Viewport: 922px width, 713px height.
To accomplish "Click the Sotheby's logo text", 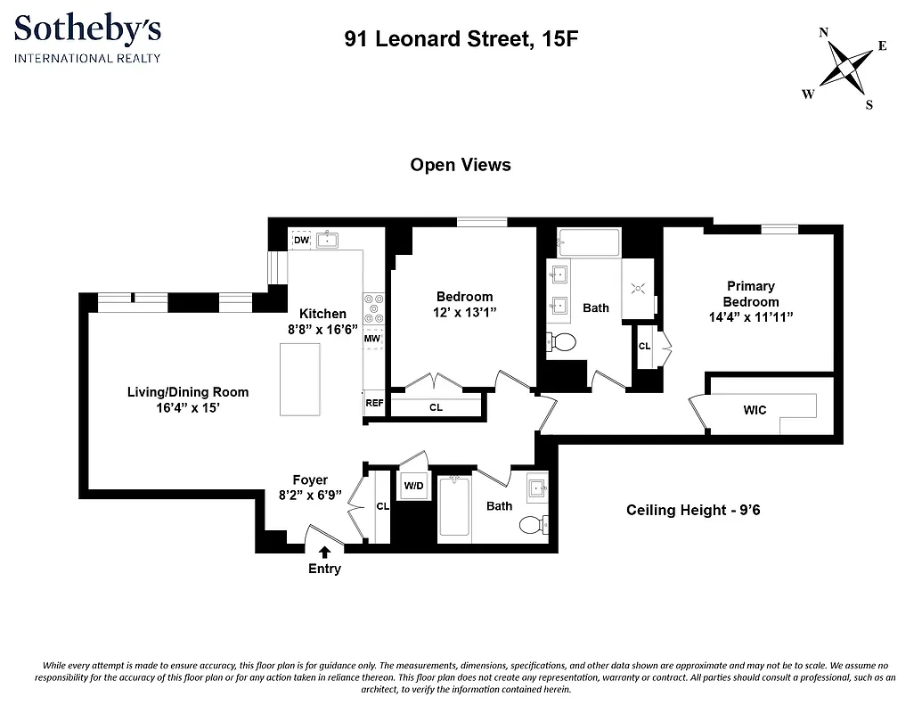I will click(x=87, y=30).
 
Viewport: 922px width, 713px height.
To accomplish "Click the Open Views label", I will click(x=461, y=165).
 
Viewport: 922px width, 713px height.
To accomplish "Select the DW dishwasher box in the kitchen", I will click(x=301, y=240).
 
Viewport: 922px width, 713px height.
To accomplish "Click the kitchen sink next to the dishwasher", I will click(x=329, y=240).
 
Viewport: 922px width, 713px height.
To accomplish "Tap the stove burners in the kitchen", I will click(x=373, y=309).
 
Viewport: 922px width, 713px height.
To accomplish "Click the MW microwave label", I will click(x=372, y=340).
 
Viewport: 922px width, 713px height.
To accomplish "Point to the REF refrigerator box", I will click(x=374, y=403).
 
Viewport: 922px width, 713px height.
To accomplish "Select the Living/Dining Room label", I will click(x=188, y=392).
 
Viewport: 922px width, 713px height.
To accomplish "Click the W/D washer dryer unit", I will click(x=413, y=486).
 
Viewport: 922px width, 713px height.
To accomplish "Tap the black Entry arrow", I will click(x=324, y=553).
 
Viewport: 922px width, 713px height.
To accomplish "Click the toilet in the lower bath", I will click(x=533, y=524).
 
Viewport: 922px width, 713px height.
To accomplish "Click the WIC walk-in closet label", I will click(x=755, y=410).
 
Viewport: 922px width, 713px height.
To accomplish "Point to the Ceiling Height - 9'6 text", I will click(x=693, y=510).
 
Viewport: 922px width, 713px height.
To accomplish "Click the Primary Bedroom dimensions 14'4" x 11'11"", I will click(x=750, y=316).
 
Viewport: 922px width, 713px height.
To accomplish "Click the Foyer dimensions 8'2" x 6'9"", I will click(x=310, y=495).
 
